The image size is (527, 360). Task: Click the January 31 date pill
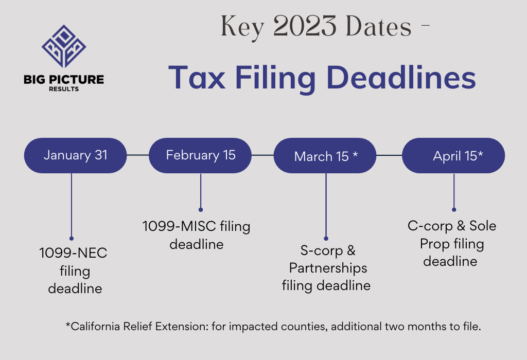75,155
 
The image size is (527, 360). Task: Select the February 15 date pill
200,155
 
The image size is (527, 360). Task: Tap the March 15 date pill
325,155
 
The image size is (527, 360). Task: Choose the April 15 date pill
453,155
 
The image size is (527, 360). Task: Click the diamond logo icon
64,46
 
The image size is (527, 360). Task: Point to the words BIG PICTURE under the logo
64,80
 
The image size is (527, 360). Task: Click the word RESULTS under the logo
64,89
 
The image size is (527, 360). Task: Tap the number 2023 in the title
305,26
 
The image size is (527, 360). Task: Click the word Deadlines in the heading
401,78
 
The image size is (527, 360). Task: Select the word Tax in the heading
197,78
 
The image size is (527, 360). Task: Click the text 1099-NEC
73,253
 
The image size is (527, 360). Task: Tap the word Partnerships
328,268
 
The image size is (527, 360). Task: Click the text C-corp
430,226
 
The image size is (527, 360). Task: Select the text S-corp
321,250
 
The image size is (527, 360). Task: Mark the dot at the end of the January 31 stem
72,239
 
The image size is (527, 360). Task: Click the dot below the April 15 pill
454,209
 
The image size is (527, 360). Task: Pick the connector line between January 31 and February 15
138,155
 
